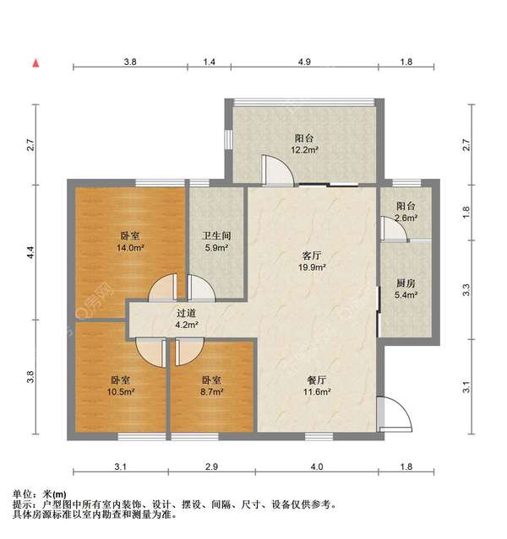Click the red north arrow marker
pos(35,62)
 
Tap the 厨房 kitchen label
pos(406,283)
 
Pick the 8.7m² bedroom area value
pos(211,392)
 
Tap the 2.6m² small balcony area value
pos(406,218)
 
